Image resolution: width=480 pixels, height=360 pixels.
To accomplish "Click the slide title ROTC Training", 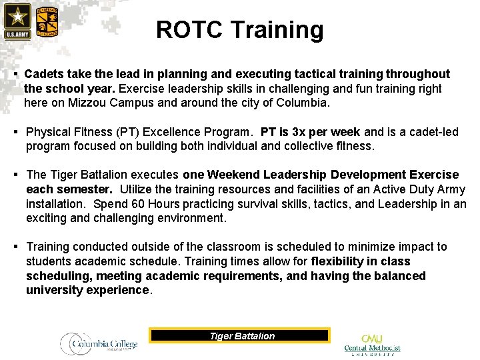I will (x=239, y=30).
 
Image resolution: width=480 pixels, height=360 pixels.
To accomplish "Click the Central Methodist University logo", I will (x=373, y=344).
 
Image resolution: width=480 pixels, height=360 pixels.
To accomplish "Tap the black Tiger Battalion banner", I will (x=239, y=335).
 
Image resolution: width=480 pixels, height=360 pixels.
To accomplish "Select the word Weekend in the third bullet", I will (x=233, y=175).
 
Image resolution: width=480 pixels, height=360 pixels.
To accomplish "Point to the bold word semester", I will (x=89, y=189).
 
